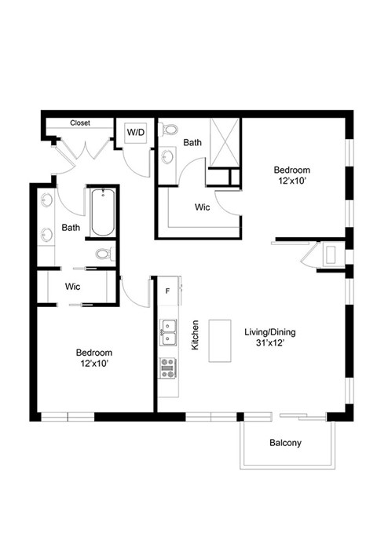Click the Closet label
[x=80, y=123]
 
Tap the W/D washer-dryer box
[x=136, y=133]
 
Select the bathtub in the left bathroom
[x=103, y=213]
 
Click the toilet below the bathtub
[x=104, y=254]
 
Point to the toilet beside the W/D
[x=167, y=130]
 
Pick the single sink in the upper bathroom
[x=167, y=158]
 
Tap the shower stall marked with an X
[x=225, y=143]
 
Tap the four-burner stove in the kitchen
[x=168, y=367]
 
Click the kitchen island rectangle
[x=221, y=340]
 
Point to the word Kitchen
[x=194, y=335]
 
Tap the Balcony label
[x=285, y=442]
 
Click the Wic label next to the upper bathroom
[x=202, y=207]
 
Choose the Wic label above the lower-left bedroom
[x=73, y=287]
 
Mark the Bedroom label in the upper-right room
[x=291, y=170]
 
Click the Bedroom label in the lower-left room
[x=94, y=353]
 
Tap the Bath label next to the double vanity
[x=71, y=229]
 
